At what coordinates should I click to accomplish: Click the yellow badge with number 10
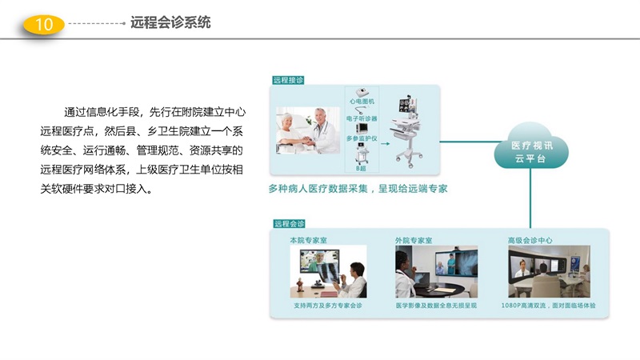click(45, 25)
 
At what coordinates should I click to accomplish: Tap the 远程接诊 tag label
click(288, 80)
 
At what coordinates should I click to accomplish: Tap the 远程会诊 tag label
click(288, 223)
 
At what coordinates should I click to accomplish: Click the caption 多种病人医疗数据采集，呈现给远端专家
click(358, 190)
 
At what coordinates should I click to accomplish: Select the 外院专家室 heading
click(414, 240)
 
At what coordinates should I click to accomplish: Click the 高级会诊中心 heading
click(530, 240)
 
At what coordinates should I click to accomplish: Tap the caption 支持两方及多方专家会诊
click(328, 306)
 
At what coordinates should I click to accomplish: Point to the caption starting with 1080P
click(548, 306)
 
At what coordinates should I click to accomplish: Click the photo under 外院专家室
click(436, 271)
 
